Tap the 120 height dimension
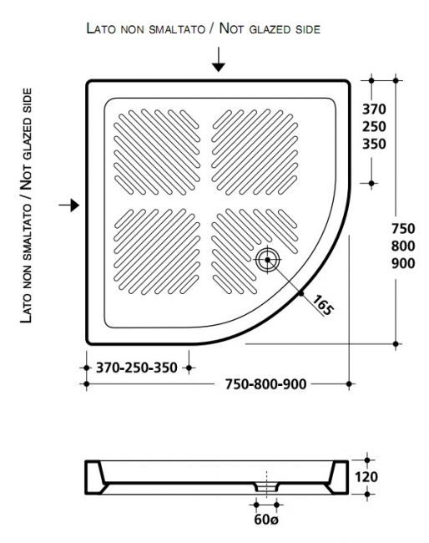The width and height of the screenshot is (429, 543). click(x=366, y=477)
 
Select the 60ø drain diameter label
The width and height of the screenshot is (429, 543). click(x=265, y=520)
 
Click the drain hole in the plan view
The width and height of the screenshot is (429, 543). click(x=267, y=260)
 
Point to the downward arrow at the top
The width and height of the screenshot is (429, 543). click(x=219, y=59)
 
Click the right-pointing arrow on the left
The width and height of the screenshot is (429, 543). click(x=68, y=205)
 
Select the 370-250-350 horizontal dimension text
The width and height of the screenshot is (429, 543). click(x=137, y=368)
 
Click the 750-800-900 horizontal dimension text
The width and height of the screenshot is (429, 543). click(x=265, y=384)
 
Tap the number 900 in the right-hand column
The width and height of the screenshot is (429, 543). click(x=403, y=263)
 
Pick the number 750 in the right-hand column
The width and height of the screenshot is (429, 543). click(x=403, y=229)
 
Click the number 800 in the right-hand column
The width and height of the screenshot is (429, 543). click(x=403, y=246)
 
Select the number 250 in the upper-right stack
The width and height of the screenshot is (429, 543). click(x=374, y=127)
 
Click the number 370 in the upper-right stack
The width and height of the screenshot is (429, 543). click(x=374, y=109)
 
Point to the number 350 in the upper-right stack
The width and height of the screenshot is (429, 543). click(x=374, y=144)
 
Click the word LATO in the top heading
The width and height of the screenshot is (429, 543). click(x=101, y=28)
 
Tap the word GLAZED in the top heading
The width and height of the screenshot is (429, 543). click(x=270, y=29)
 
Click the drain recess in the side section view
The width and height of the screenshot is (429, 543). click(x=267, y=486)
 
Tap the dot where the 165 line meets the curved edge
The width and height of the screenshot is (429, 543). click(x=300, y=294)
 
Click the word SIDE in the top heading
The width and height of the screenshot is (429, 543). click(x=308, y=29)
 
